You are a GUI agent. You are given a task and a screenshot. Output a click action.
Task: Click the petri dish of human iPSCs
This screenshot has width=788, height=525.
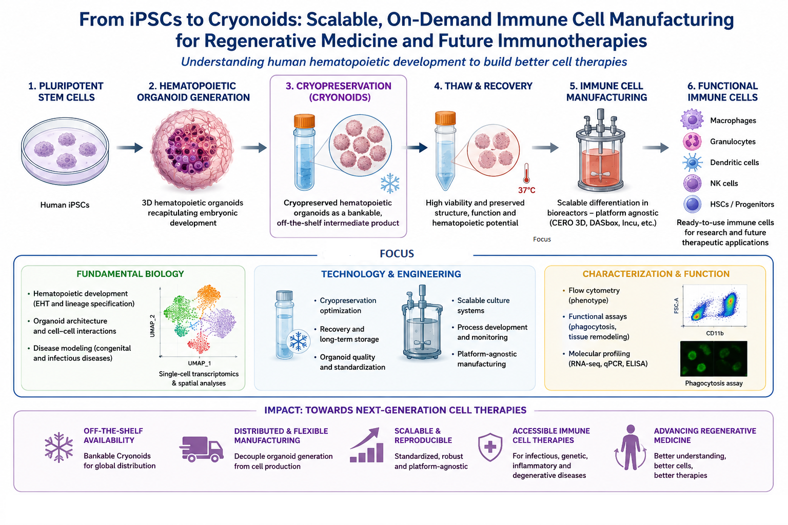tap(65, 151)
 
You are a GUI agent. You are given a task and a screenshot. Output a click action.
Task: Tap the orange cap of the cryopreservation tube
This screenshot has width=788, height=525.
tap(304, 121)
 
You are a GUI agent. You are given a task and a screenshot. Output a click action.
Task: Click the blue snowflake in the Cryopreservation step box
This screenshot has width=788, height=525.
tap(390, 183)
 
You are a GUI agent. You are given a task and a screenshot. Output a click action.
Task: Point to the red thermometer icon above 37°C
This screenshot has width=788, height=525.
tap(526, 173)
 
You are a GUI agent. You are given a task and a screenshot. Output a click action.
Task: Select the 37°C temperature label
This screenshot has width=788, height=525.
tap(527, 190)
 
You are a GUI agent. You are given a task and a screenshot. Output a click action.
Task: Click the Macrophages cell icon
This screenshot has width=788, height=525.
tap(692, 119)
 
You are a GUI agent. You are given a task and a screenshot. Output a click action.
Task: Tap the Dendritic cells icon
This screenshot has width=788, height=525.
tap(692, 163)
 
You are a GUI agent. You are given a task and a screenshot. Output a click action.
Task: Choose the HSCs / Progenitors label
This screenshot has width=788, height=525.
tap(742, 204)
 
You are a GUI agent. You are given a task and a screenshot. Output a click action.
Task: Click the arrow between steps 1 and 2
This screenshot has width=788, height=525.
tap(130, 148)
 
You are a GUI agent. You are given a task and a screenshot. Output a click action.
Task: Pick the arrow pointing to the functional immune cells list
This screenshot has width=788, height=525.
tap(656, 148)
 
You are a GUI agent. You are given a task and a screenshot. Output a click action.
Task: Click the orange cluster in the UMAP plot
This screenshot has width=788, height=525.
tap(209, 297)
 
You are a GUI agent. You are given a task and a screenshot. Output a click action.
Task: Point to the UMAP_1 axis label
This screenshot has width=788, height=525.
tap(200, 364)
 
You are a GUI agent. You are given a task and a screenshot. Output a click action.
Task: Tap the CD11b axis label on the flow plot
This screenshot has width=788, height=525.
tap(715, 333)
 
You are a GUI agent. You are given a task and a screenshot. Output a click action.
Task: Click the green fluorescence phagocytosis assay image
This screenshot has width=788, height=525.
tap(714, 359)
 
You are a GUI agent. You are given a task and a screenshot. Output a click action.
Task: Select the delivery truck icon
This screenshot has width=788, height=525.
tap(201, 449)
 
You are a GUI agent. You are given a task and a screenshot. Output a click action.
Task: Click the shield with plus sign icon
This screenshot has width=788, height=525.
tap(490, 447)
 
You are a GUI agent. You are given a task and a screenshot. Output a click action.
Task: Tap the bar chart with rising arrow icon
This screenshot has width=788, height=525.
tap(367, 445)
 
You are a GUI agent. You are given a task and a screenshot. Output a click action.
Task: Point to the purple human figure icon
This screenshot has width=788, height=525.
tap(631, 447)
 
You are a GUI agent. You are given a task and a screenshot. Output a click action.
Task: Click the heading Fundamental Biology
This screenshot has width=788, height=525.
tap(130, 274)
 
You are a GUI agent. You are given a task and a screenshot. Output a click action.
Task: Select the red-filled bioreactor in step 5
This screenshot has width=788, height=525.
tap(601, 151)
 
